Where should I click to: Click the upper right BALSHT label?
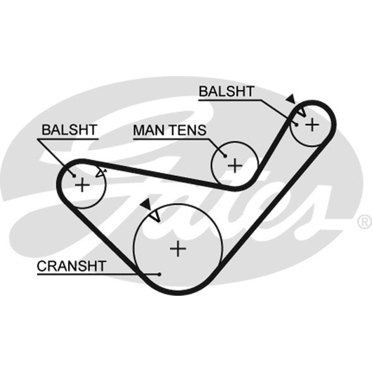[x=226, y=91]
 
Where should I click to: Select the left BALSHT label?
[x=69, y=130]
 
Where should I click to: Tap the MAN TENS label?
[x=170, y=130]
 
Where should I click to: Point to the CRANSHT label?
[x=72, y=266]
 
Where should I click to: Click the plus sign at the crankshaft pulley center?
[x=178, y=249]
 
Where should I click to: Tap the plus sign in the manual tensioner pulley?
[x=235, y=166]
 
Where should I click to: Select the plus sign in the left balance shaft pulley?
[x=82, y=185]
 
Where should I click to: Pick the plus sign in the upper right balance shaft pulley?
[x=312, y=124]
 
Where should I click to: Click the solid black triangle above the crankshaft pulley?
[x=146, y=204]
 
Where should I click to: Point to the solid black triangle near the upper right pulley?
[x=291, y=99]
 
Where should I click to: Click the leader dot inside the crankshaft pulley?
[x=159, y=274]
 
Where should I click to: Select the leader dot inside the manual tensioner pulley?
[x=225, y=156]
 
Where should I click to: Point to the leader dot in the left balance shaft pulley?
[x=74, y=176]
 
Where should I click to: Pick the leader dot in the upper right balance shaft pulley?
[x=296, y=124]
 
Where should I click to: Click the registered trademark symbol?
[x=365, y=222]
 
